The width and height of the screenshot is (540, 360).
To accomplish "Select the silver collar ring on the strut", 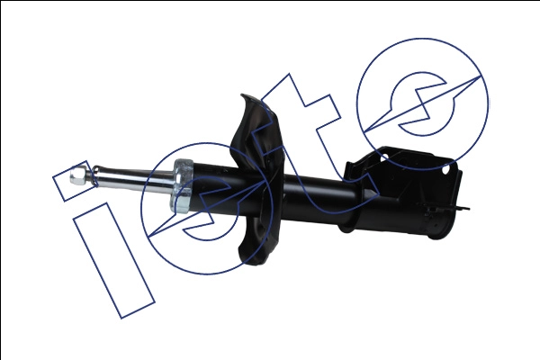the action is point(182,185).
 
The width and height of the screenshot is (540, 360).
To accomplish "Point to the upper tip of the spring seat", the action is point(243,95).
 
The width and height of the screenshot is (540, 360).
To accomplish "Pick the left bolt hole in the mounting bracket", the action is point(384,157).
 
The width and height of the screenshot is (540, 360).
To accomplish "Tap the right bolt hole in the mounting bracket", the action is point(446,170).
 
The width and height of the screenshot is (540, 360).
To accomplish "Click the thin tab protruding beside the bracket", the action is point(461,208).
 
